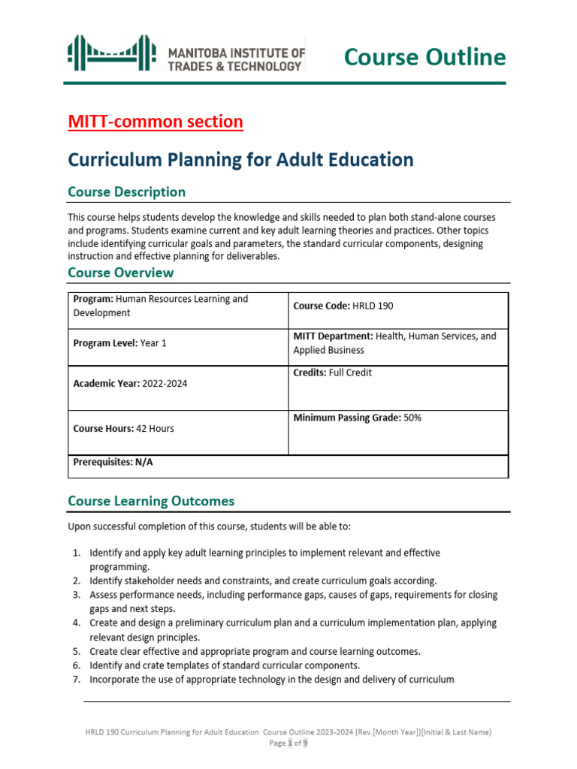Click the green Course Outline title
click(424, 57)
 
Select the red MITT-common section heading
click(156, 122)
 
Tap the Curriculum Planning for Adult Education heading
click(240, 159)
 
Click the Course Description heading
click(126, 191)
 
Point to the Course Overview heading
click(120, 272)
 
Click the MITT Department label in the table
click(331, 336)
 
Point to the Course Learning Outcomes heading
click(151, 501)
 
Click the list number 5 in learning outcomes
click(77, 651)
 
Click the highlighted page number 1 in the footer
click(288, 743)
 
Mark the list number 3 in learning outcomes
click(77, 595)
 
